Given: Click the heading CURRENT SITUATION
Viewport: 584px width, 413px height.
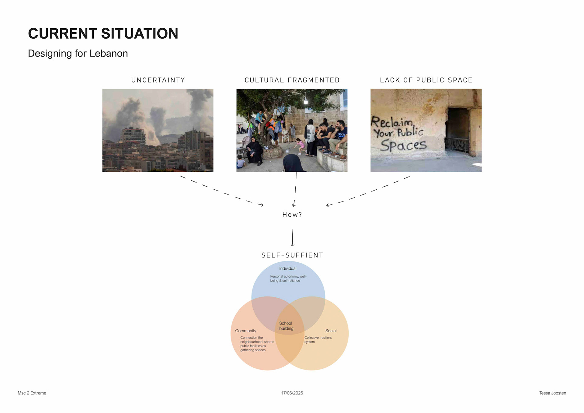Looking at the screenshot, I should pyautogui.click(x=103, y=33).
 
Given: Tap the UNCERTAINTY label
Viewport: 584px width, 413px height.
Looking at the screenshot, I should pyautogui.click(x=158, y=80).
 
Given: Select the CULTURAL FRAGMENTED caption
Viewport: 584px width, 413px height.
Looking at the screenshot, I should pyautogui.click(x=292, y=80).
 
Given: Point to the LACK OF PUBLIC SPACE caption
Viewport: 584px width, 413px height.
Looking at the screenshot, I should pyautogui.click(x=426, y=80).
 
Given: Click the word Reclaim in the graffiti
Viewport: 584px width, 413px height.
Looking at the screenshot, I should pyautogui.click(x=391, y=122).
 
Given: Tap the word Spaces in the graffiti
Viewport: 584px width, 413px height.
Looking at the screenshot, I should pyautogui.click(x=403, y=145).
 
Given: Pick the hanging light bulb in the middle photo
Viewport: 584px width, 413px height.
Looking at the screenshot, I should pyautogui.click(x=306, y=101).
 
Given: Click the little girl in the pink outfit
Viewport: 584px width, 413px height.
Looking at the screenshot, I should pyautogui.click(x=300, y=145).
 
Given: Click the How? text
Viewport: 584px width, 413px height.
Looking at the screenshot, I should pyautogui.click(x=292, y=215).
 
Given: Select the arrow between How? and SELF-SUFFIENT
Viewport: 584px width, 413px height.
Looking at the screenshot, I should pyautogui.click(x=292, y=237).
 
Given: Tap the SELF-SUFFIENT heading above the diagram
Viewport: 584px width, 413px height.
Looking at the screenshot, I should pyautogui.click(x=292, y=255).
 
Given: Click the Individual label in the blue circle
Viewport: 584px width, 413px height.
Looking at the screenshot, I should pyautogui.click(x=287, y=268).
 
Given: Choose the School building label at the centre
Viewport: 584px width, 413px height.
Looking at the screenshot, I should pyautogui.click(x=286, y=326).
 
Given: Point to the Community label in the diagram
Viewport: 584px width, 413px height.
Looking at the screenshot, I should pyautogui.click(x=245, y=331).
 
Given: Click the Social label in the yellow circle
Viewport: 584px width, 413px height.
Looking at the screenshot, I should pyautogui.click(x=331, y=331).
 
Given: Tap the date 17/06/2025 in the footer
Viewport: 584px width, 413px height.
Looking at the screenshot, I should pyautogui.click(x=292, y=393).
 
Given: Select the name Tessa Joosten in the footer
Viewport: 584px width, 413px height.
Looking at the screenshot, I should pyautogui.click(x=552, y=393).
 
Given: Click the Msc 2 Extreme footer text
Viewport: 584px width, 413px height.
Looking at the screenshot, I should pyautogui.click(x=32, y=393).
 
